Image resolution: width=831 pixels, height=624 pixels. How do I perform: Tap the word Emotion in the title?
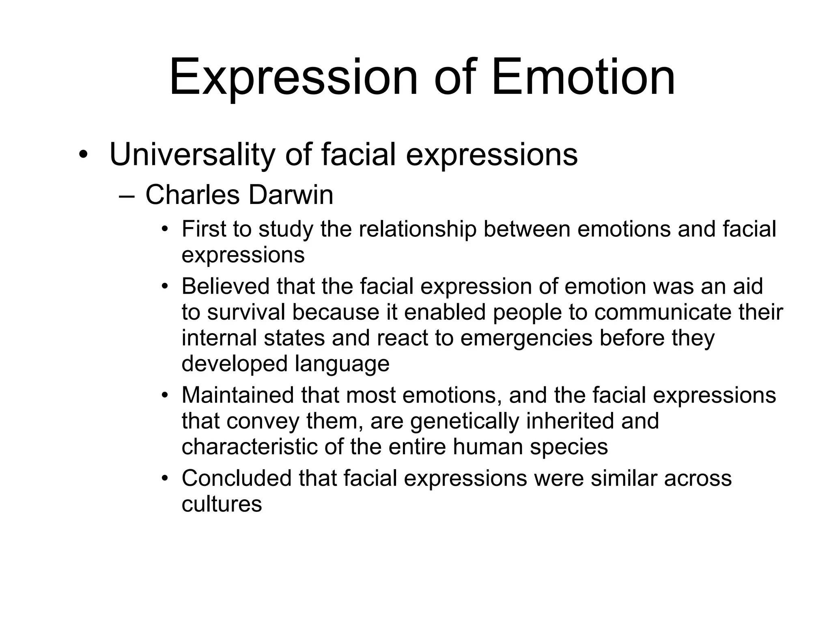[583, 77]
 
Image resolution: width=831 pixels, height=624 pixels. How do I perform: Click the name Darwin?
[291, 195]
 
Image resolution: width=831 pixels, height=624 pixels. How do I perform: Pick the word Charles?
[193, 195]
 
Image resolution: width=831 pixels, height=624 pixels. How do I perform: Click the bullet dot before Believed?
[164, 286]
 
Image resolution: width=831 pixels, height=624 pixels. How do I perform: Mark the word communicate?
[663, 312]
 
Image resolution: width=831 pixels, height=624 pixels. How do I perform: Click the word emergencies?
[526, 338]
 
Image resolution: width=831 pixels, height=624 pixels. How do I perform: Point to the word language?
[342, 364]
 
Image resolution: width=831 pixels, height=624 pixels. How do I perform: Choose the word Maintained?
[238, 395]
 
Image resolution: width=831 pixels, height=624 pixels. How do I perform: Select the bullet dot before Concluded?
[164, 478]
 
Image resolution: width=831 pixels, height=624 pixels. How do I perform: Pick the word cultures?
[222, 504]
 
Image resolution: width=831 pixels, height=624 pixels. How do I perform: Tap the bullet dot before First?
[164, 229]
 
